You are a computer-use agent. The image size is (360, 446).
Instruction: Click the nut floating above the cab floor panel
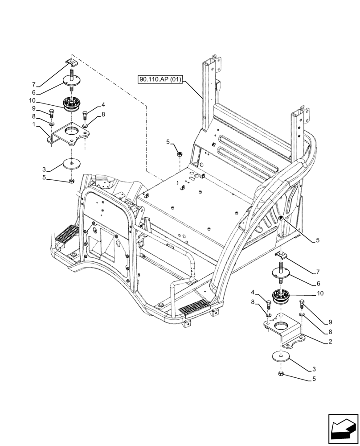click(x=180, y=153)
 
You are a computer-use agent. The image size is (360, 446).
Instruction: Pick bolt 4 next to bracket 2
click(x=268, y=306)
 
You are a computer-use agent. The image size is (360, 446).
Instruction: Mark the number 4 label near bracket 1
click(x=103, y=105)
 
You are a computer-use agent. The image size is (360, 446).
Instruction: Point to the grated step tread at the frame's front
click(x=194, y=306)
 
